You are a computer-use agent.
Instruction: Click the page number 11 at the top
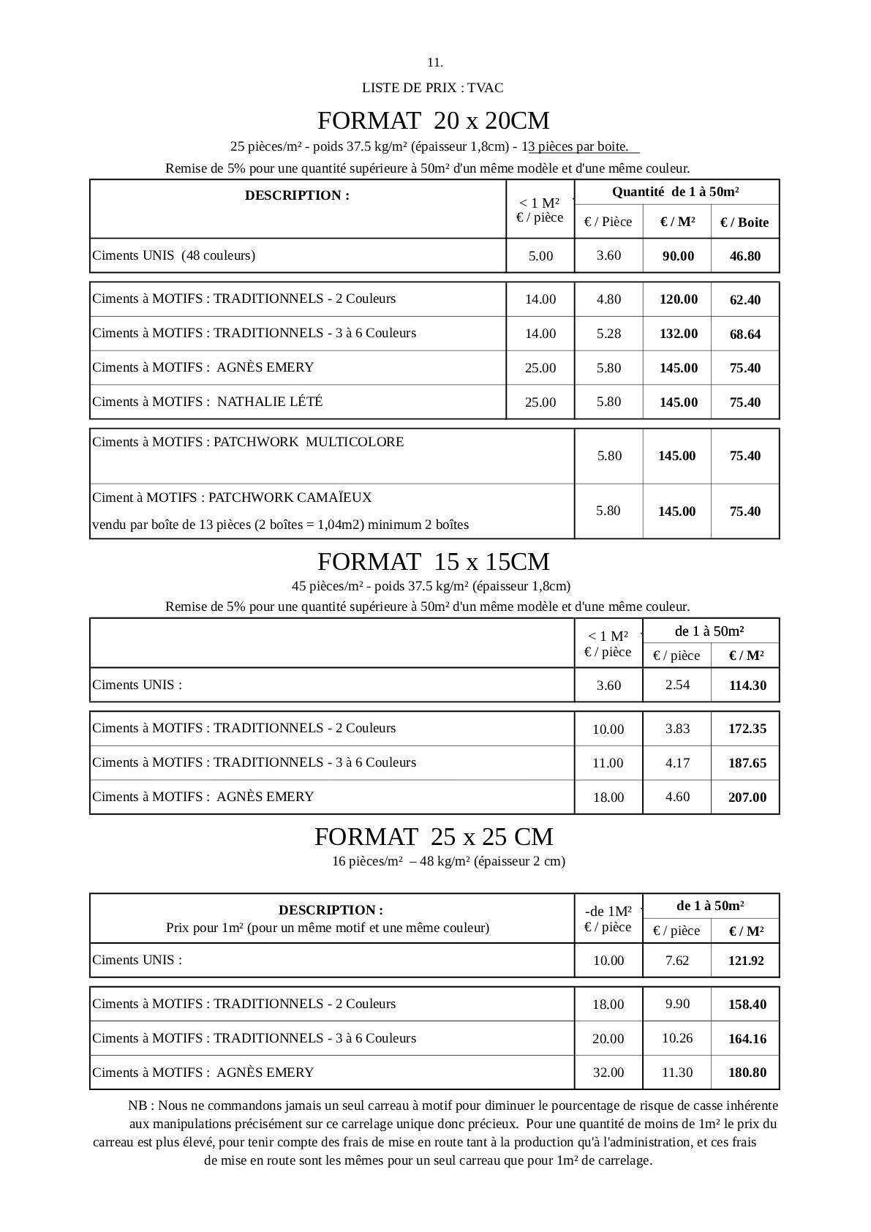pos(435,62)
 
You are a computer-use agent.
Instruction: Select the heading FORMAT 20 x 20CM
pos(434,120)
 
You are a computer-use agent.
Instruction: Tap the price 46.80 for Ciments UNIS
pos(744,256)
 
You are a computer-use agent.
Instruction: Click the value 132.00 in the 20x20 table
pos(678,334)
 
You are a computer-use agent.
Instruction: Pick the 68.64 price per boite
pos(744,334)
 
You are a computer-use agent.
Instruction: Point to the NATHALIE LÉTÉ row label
pos(208,402)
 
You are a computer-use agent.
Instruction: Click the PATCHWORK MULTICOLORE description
pos(248,442)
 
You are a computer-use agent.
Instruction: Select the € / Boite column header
pos(744,222)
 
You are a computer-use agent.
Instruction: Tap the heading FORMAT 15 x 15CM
pos(434,562)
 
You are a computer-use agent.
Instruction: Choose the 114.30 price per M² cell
pos(746,686)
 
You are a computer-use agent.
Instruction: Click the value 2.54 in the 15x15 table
pos(677,685)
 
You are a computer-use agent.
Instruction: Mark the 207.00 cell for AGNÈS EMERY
pos(747,797)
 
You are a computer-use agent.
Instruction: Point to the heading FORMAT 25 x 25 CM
pos(434,837)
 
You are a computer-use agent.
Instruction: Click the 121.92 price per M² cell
pos(746,961)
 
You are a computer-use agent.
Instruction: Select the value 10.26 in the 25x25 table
pos(677,1038)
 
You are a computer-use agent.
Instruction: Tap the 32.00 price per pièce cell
pos(608,1073)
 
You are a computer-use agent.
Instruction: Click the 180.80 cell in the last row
pos(747,1073)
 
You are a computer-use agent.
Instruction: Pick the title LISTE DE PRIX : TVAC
pos(432,88)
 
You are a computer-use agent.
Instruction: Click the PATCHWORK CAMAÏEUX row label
pos(232,497)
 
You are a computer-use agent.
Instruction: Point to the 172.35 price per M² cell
pos(747,729)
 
